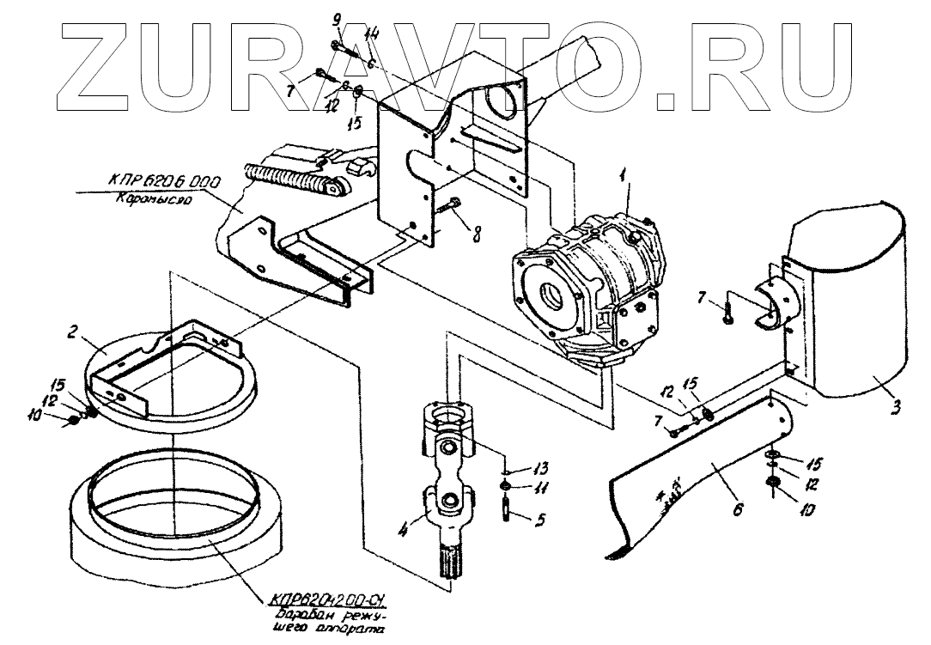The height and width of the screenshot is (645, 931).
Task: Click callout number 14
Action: pyautogui.click(x=371, y=34)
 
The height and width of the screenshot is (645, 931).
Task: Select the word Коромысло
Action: pyautogui.click(x=149, y=196)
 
